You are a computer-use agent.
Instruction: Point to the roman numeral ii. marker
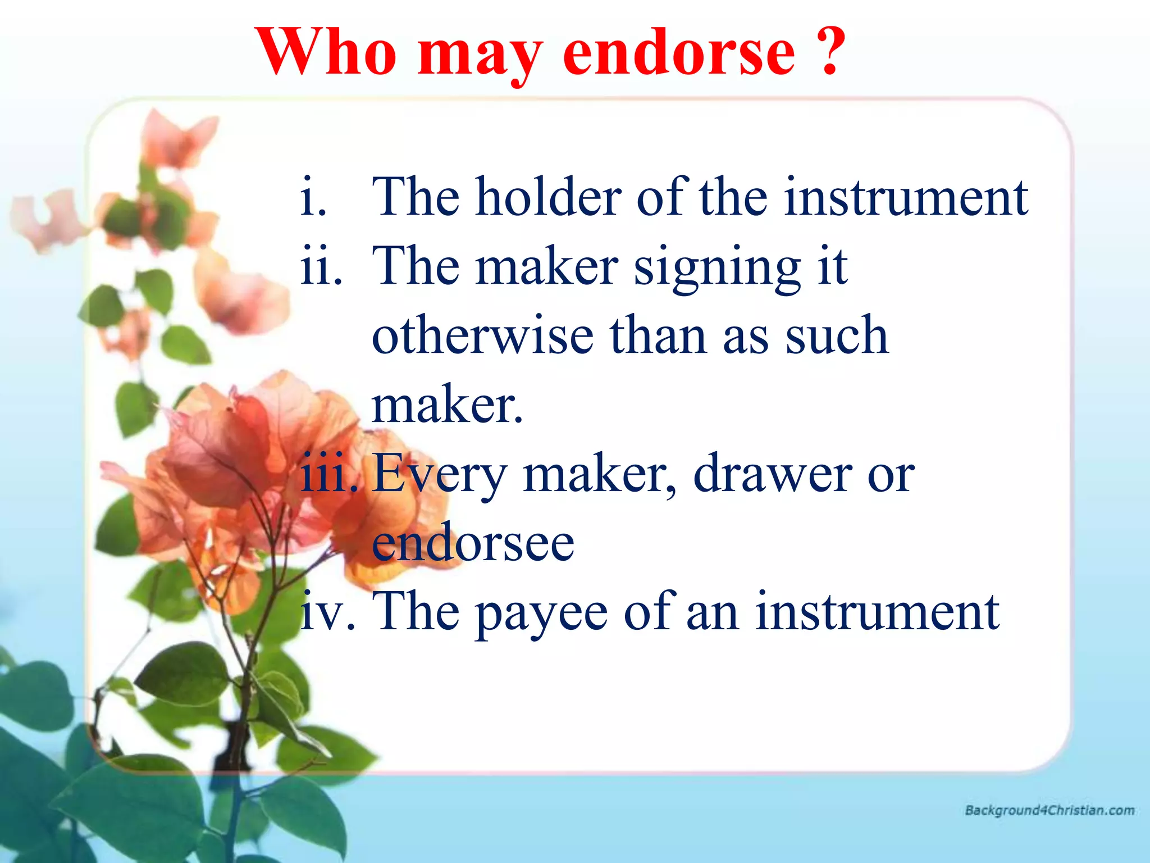[321, 266]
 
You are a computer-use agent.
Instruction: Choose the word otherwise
[483, 335]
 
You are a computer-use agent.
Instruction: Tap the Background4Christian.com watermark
[1049, 810]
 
